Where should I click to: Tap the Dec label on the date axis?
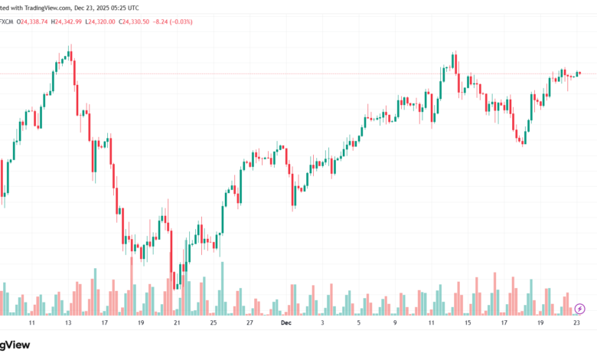286,324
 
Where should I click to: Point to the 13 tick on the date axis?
68,324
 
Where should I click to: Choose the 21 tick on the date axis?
177,324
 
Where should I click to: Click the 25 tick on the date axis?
214,324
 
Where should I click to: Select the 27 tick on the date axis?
250,324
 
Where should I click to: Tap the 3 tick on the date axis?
322,324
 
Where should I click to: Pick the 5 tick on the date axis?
358,324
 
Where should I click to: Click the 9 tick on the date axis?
395,324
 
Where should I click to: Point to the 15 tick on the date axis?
468,324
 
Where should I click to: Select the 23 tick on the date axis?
576,324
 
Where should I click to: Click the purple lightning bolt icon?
579,309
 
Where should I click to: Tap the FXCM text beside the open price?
10,21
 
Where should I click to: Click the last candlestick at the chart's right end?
579,74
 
